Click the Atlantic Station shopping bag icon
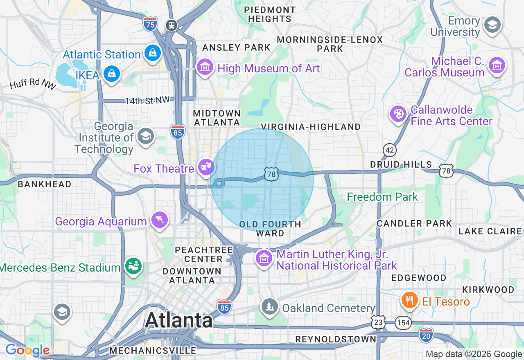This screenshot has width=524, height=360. [x=152, y=53]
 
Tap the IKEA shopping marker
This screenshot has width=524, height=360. [x=111, y=74]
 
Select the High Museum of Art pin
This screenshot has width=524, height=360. [x=205, y=67]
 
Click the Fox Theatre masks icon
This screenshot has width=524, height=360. [x=206, y=166]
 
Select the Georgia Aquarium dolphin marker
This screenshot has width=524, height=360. [x=159, y=220]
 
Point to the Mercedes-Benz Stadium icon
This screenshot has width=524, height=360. [x=133, y=266]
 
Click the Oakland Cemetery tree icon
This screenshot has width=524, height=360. [x=270, y=306]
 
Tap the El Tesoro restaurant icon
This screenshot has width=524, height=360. [x=409, y=301]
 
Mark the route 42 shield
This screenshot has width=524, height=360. [x=390, y=150]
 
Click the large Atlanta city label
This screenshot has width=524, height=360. [x=179, y=320]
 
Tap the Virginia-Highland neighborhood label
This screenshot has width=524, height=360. [x=311, y=127]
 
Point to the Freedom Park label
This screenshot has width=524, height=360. [x=382, y=197]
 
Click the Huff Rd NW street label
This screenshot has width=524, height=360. [x=33, y=84]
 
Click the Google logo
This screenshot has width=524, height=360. [x=27, y=350]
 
